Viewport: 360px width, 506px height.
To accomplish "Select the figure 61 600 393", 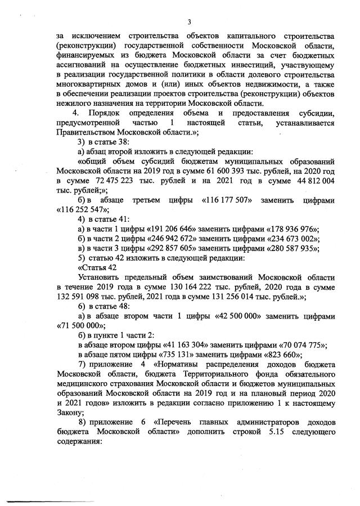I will tap(220, 169).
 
